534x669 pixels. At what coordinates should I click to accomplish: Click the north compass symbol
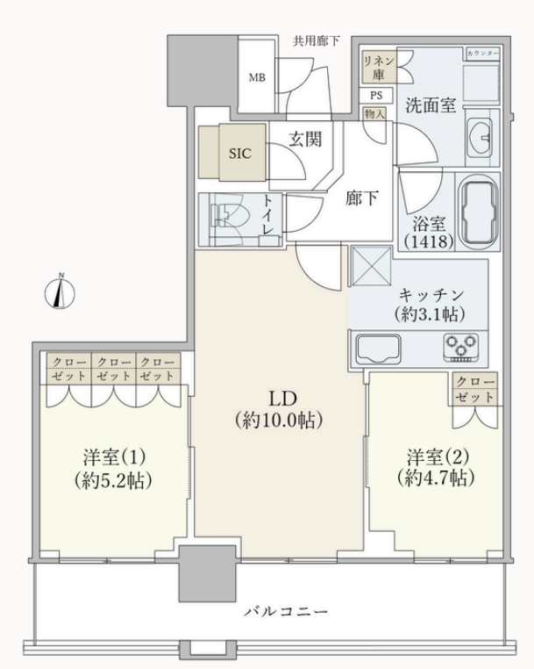(61, 292)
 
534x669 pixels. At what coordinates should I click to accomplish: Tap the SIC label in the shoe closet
(240, 153)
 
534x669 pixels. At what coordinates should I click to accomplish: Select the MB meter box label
(257, 77)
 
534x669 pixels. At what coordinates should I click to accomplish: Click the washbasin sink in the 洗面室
(481, 137)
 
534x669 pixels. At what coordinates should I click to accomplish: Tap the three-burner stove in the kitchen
(460, 347)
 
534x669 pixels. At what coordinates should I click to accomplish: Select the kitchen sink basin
(378, 349)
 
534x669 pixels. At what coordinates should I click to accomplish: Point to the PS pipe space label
(375, 95)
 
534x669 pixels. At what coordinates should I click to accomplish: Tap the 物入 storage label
(374, 114)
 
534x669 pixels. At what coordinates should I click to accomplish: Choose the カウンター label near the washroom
(483, 54)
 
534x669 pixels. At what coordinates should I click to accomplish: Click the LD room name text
(282, 399)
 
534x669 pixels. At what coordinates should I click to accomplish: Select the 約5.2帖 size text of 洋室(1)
(113, 480)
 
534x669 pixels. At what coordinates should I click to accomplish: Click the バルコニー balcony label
(286, 612)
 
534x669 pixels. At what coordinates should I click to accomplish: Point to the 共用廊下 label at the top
(317, 41)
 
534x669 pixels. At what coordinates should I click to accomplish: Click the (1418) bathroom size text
(428, 242)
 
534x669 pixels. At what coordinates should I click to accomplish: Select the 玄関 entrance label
(305, 139)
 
